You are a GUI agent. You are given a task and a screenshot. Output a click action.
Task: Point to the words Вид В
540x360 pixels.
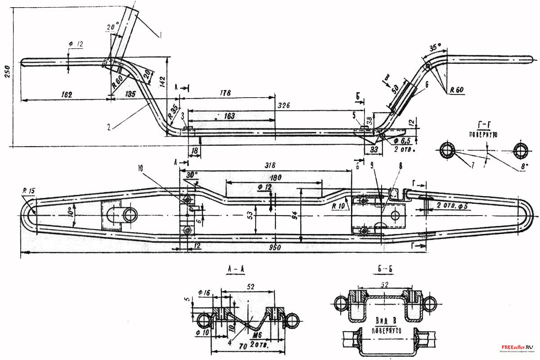tap(385, 320)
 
